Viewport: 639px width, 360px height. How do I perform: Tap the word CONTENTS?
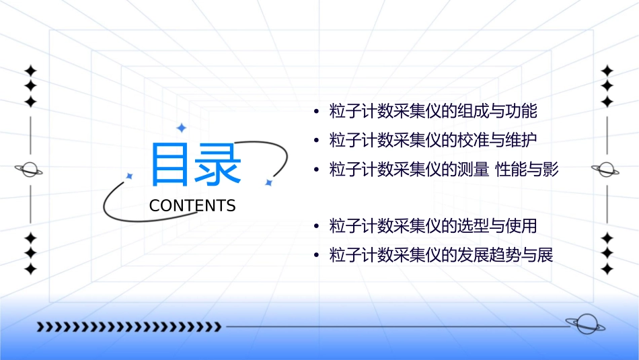coord(192,206)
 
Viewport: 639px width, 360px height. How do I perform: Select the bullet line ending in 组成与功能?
coord(434,111)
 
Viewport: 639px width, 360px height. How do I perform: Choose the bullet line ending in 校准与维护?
coord(434,141)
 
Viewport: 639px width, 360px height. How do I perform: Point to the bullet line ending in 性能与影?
coord(444,170)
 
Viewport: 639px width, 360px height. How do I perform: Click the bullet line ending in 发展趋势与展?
coord(441,256)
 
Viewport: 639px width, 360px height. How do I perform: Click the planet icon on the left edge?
coord(30,170)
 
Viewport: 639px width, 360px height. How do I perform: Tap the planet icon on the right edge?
coord(606,170)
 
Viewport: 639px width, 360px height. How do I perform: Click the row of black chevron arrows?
coord(128,327)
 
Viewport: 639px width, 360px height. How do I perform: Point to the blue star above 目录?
coord(180,128)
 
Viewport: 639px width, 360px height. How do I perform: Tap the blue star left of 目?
coord(130,176)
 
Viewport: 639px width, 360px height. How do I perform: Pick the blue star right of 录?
coord(268,182)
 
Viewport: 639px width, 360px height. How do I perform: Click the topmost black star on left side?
coord(30,71)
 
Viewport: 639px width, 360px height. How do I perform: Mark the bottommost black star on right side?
coord(607,269)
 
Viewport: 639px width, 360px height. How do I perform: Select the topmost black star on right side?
coord(607,71)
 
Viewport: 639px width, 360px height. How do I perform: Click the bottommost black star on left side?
coord(30,269)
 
